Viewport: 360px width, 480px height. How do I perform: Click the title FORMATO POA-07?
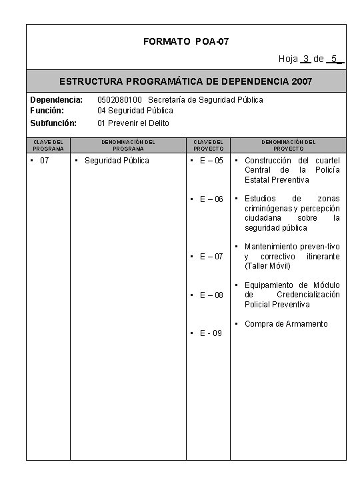pos(186,41)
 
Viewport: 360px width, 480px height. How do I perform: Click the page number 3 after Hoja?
pos(305,59)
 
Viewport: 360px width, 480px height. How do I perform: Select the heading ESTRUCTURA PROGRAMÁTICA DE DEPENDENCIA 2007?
pos(185,82)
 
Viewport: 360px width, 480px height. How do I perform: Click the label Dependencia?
pos(57,99)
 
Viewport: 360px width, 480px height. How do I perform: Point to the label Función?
pos(47,110)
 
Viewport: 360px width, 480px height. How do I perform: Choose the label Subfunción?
pos(53,123)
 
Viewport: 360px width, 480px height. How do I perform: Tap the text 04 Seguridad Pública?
pos(135,110)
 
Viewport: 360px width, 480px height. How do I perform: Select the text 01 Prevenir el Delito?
pos(133,123)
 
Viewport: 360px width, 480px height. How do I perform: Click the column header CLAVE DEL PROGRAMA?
pos(48,145)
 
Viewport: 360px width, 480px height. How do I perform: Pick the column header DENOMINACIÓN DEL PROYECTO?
pos(288,145)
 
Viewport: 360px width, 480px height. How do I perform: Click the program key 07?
pos(45,161)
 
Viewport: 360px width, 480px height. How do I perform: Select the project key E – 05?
pos(211,161)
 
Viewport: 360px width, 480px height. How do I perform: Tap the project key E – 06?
pos(211,199)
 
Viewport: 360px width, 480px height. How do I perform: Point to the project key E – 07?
pos(211,257)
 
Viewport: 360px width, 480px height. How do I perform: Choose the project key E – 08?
pos(211,295)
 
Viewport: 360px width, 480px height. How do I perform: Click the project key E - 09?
pos(211,333)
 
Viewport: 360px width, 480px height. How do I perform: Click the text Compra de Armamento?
pos(286,324)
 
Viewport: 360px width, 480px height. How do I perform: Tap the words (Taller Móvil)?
pos(267,266)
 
